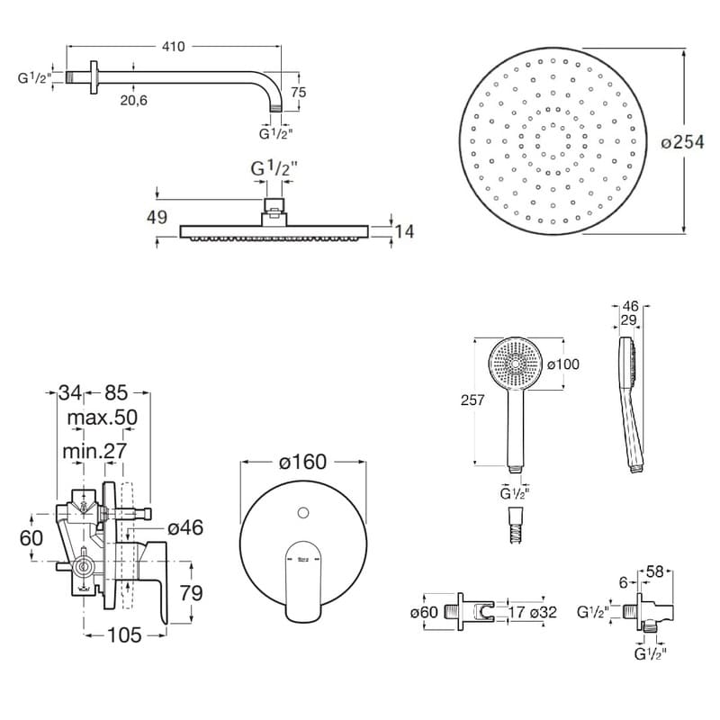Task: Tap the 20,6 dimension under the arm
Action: [x=133, y=100]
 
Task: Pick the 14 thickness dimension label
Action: [x=405, y=231]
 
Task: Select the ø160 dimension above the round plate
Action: [x=302, y=462]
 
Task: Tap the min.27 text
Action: [x=94, y=449]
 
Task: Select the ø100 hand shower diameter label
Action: [x=562, y=364]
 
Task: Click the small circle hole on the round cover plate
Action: [x=302, y=514]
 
